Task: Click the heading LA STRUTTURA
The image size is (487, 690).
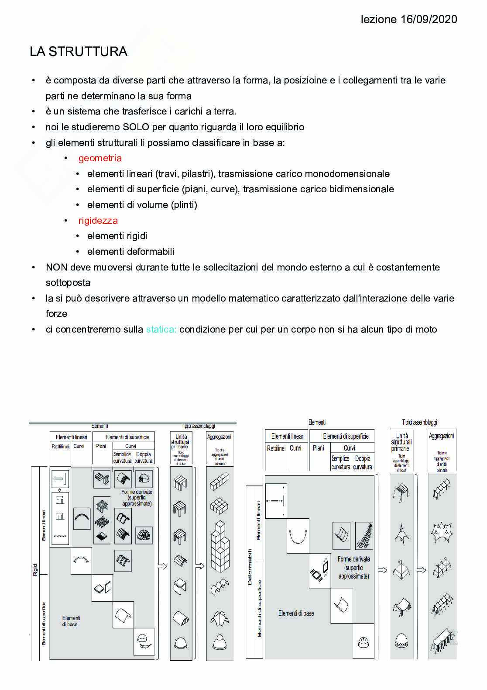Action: [79, 52]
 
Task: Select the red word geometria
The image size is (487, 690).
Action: [100, 158]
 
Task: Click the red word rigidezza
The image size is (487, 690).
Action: [98, 221]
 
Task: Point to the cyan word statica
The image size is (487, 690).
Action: [161, 329]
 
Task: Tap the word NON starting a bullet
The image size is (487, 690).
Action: [56, 267]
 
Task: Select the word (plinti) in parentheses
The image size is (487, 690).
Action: [184, 205]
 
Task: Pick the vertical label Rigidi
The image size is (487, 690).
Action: [35, 569]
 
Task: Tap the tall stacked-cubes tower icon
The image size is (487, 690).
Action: [219, 546]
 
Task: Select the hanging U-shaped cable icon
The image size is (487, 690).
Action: [298, 536]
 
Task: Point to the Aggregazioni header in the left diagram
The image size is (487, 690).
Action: [219, 437]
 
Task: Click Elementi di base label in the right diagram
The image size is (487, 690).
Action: [296, 613]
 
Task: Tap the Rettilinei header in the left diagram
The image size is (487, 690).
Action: [60, 446]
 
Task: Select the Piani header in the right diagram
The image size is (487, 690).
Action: [319, 448]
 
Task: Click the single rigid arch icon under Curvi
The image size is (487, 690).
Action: [82, 518]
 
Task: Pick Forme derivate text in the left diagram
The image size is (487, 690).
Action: [137, 492]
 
